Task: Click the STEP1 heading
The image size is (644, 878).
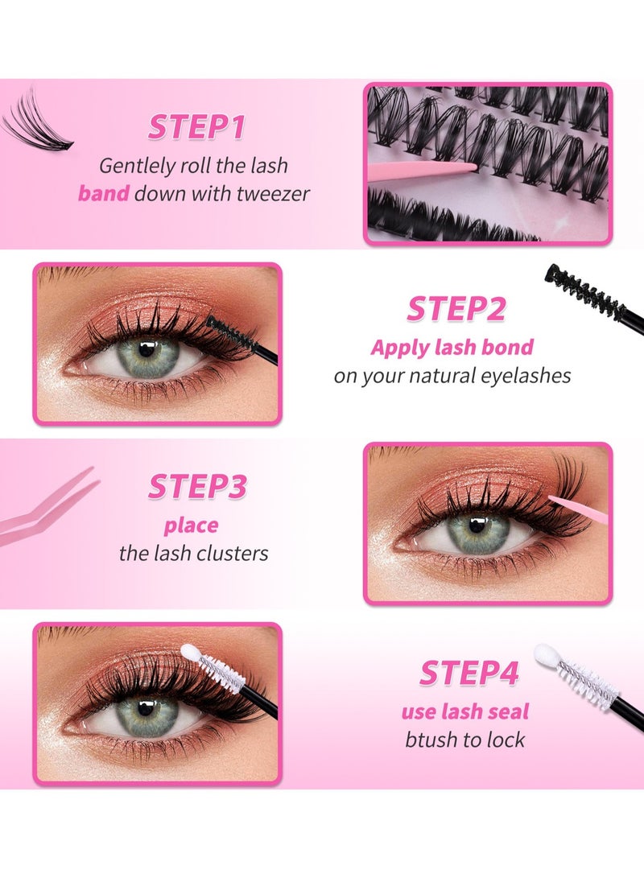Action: [x=196, y=126]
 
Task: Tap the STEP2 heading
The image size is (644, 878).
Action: [x=456, y=309]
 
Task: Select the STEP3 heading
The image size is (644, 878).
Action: [x=196, y=487]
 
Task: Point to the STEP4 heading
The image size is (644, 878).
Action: [x=469, y=673]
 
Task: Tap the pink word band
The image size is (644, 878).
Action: [x=103, y=194]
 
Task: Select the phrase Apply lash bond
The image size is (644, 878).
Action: [x=452, y=348]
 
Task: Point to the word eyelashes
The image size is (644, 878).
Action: [x=524, y=376]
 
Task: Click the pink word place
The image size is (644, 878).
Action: [x=191, y=526]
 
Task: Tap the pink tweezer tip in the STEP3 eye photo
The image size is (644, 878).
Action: [x=555, y=501]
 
